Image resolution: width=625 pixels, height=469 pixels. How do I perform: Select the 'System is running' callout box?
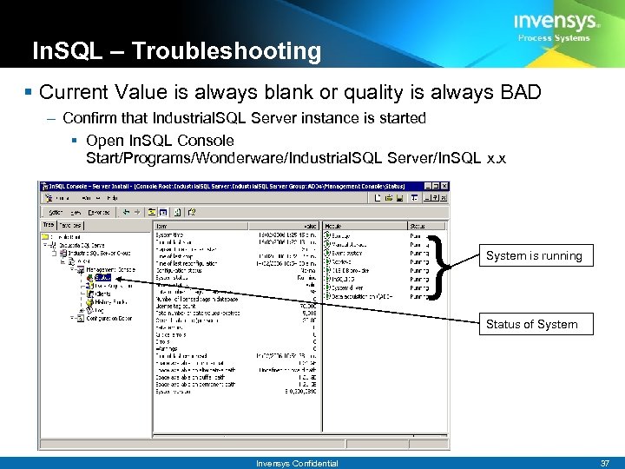[534, 255]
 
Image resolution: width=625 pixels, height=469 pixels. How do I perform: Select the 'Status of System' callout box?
[531, 324]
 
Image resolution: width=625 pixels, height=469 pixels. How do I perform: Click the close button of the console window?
[444, 186]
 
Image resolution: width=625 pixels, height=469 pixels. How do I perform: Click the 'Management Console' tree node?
[110, 270]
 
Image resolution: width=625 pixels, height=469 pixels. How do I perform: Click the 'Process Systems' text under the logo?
[554, 38]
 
